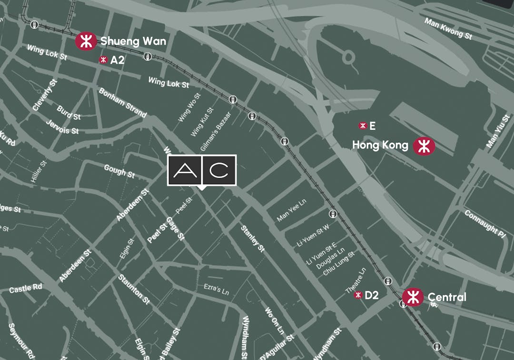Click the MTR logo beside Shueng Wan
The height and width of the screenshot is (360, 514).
pos(86,41)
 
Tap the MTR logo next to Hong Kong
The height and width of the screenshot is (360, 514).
pos(424,146)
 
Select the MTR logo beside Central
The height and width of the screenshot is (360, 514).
pos(412,297)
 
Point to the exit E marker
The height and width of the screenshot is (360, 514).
pos(363,126)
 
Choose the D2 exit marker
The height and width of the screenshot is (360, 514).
pos(358,295)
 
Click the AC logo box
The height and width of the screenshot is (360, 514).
pos(202,170)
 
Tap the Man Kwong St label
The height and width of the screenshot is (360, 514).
pos(448,29)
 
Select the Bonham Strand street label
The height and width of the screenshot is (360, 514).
pos(123,102)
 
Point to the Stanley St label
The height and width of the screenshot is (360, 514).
pos(252,238)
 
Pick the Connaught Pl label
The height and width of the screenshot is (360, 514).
pos(485,223)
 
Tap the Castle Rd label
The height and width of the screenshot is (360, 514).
pos(26,288)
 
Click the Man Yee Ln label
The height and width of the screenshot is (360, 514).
pos(292,210)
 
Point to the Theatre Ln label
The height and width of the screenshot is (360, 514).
pos(356,280)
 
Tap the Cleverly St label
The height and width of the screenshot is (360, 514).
pos(45,96)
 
